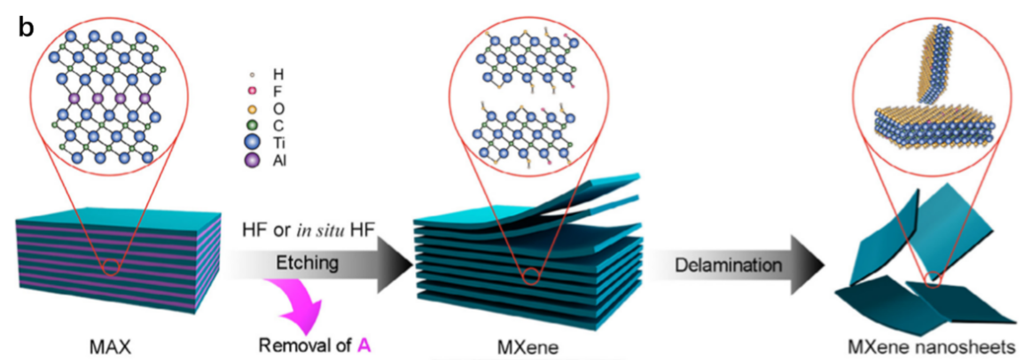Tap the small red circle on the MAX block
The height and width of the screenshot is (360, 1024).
[111, 267]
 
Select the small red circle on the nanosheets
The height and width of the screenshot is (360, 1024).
[933, 280]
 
